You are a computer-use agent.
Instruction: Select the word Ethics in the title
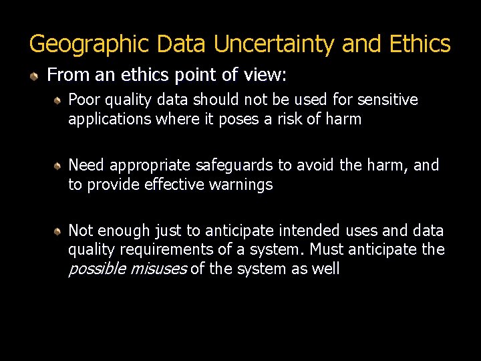(420, 44)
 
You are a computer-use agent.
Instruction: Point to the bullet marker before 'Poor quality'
(59, 101)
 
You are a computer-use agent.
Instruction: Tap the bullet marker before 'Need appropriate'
(59, 166)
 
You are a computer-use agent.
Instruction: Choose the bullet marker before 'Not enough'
(59, 231)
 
